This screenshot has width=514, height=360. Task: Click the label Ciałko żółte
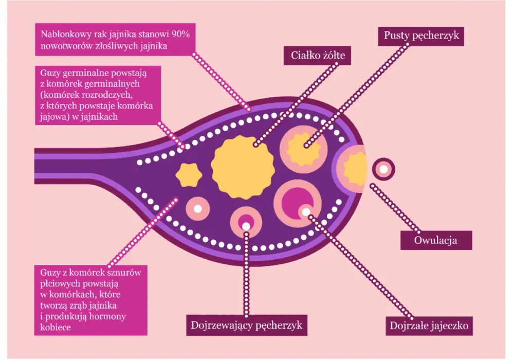(x=317, y=55)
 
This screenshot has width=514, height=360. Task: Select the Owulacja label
(x=436, y=240)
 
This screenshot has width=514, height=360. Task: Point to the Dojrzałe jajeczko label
(x=429, y=326)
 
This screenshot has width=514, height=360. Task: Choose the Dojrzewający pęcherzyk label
(x=247, y=325)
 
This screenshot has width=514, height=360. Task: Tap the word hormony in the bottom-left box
(x=108, y=316)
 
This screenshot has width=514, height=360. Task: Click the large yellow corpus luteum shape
(x=243, y=167)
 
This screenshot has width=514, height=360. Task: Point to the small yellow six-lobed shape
(x=189, y=175)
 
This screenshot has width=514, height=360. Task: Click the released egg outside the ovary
(x=383, y=169)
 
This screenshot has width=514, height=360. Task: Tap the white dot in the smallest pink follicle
(x=198, y=208)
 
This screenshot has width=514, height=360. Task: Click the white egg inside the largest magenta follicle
(x=305, y=212)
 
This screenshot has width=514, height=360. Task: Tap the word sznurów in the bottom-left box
(x=126, y=273)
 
